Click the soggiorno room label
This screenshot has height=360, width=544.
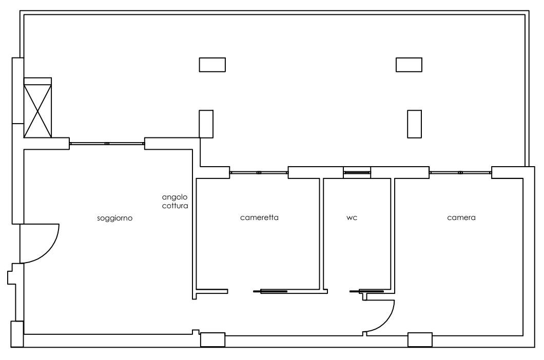tap(114, 218)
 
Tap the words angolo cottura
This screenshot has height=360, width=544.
tap(175, 201)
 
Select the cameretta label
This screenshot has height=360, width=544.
tap(259, 217)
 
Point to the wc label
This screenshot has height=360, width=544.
tap(352, 218)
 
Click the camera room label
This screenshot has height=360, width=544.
tap(461, 217)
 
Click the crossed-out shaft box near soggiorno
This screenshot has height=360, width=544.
tap(37, 108)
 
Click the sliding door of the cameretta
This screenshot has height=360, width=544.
tap(270, 291)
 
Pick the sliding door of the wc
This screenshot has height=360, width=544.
tap(367, 291)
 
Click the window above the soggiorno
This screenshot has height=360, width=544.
tap(107, 144)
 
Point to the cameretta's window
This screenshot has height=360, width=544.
tap(259, 173)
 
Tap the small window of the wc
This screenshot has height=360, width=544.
tap(357, 172)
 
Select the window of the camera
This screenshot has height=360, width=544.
tap(460, 173)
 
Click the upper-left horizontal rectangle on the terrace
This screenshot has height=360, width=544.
tap(212, 65)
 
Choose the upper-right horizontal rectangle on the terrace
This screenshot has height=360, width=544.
tap(409, 65)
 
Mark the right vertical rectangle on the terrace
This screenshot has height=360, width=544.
tap(415, 124)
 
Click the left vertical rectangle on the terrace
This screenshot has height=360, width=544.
tap(206, 124)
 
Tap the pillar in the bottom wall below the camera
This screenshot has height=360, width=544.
tap(420, 339)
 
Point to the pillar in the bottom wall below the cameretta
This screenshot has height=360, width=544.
tap(212, 339)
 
